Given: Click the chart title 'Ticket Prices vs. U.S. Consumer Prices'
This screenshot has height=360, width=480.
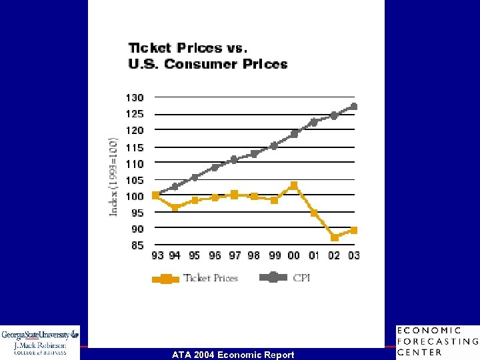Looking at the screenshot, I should tap(207, 56).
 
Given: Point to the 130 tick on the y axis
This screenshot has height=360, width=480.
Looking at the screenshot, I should tap(135, 98).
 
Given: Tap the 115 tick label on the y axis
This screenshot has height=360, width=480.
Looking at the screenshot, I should tap(135, 147).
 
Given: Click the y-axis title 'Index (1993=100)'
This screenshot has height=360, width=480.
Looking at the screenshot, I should tap(114, 177).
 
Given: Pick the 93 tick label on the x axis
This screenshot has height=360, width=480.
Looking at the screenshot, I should tap(157, 256).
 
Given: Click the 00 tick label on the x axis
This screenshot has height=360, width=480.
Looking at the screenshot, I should tap(294, 256).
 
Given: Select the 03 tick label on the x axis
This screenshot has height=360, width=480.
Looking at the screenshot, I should tap(353, 256).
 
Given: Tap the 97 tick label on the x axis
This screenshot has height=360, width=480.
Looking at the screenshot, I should tap(235, 256).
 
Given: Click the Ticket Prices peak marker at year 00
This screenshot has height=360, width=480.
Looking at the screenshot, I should tap(294, 185).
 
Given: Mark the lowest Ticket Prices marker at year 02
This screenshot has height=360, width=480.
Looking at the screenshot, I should tap(335, 237).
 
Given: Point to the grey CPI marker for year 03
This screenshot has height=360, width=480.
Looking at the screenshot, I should tap(354, 107).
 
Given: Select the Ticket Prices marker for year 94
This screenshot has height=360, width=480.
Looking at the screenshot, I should tap(175, 207).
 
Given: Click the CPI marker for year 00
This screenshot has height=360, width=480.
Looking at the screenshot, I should tap(294, 134).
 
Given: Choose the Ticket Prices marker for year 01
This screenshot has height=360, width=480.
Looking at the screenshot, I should tap(314, 213).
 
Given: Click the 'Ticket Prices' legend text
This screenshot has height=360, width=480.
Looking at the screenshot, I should tap(211, 278).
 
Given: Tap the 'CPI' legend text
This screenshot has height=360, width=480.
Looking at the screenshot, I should tap(301, 278).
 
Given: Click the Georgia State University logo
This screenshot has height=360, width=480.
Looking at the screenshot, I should tap(40, 342).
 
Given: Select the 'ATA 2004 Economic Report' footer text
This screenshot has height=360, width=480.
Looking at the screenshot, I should tap(233, 355).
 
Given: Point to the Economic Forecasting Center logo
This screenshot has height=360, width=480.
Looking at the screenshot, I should tap(437, 342).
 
